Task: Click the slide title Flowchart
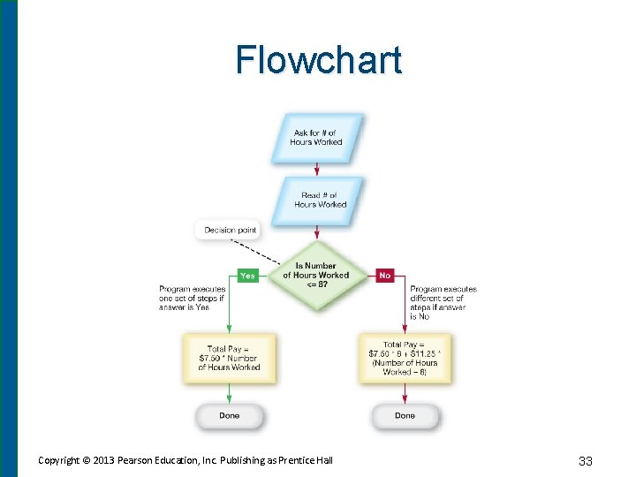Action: (318, 60)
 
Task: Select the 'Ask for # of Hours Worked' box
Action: (316, 138)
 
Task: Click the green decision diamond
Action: (315, 275)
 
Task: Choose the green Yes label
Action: (247, 276)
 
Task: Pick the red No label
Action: (384, 276)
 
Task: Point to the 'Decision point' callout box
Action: (230, 231)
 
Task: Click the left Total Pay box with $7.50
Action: (229, 358)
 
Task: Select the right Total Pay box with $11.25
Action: (405, 358)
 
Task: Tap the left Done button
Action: (229, 415)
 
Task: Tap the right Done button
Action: (405, 415)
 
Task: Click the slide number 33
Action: (585, 460)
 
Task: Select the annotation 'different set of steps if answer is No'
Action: (442, 302)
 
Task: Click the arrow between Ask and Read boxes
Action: (316, 170)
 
